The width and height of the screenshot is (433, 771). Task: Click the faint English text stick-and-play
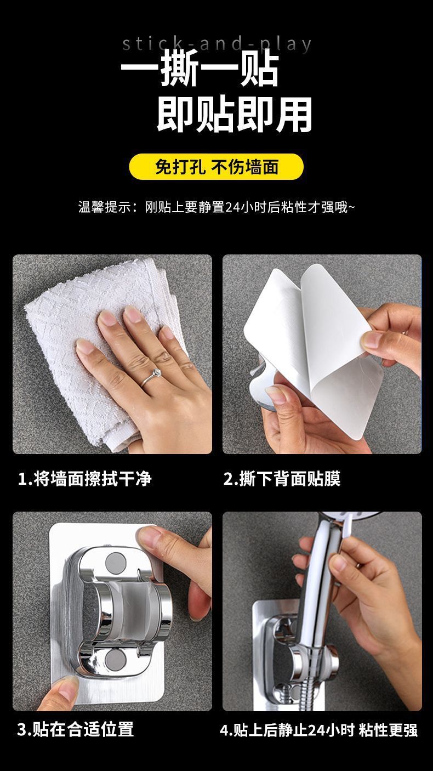(x=217, y=44)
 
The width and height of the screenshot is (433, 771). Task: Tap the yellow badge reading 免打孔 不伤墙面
(x=216, y=167)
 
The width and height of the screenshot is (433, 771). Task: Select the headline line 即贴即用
(x=234, y=115)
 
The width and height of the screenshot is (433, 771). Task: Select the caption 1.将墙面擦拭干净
(x=84, y=479)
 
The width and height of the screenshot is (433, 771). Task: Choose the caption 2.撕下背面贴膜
(x=282, y=479)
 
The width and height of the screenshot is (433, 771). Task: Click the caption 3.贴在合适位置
(x=75, y=729)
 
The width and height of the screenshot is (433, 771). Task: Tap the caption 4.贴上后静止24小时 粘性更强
(x=318, y=730)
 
